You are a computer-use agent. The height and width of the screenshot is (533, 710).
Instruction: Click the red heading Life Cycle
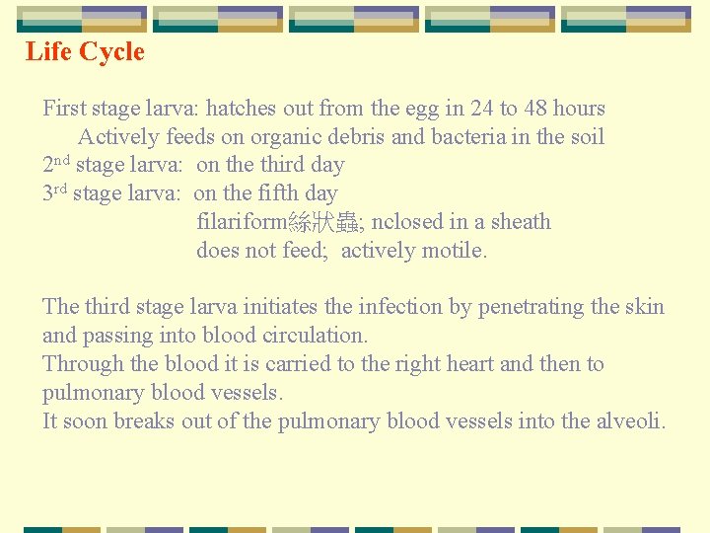[x=85, y=52]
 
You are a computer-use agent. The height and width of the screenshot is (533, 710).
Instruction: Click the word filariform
[x=242, y=222]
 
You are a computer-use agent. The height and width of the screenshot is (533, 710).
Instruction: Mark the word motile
[x=454, y=251]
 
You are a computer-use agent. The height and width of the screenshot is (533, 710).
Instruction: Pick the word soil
[x=586, y=137]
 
